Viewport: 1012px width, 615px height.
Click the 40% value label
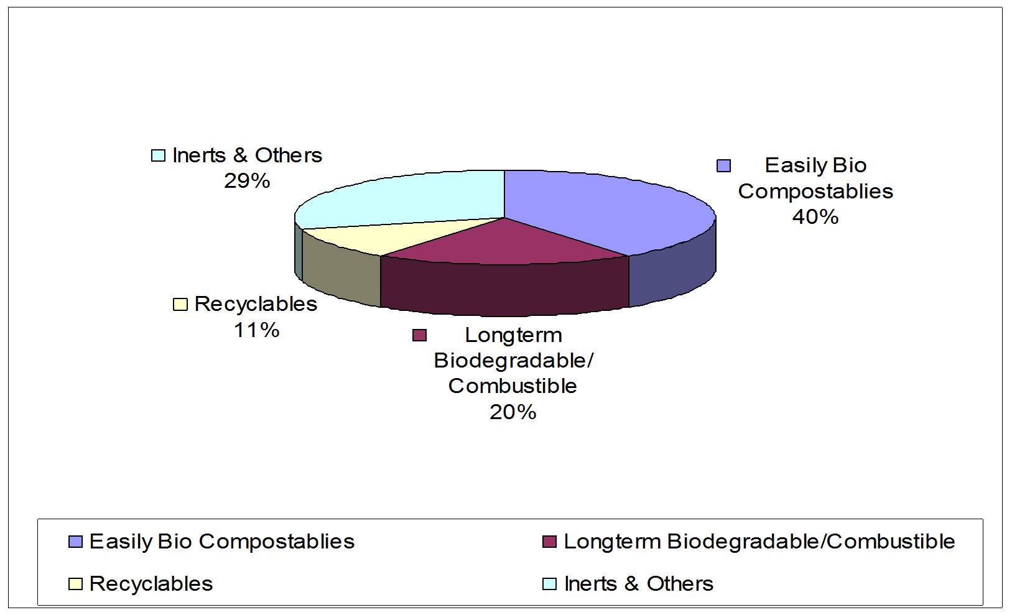click(x=815, y=217)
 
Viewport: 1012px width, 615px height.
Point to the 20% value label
click(x=513, y=412)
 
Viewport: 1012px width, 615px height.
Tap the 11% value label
click(x=256, y=330)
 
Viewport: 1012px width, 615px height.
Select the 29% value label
click(x=247, y=181)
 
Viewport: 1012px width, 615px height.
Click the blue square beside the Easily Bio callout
click(x=723, y=166)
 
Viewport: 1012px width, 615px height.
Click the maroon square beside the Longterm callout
click(x=420, y=336)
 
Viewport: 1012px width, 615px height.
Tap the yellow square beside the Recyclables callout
click(x=180, y=305)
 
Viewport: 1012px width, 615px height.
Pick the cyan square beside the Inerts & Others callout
click(x=159, y=155)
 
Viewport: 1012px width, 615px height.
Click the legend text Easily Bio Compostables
click(x=221, y=541)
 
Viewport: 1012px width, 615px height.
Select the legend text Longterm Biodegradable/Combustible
click(x=759, y=541)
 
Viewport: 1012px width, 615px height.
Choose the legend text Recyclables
click(x=151, y=584)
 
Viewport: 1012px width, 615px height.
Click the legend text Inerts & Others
click(x=638, y=584)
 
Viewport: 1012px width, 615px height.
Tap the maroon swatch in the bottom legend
click(x=549, y=542)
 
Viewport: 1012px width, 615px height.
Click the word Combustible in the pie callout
click(x=513, y=386)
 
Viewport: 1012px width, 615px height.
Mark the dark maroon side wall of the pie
click(x=504, y=289)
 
